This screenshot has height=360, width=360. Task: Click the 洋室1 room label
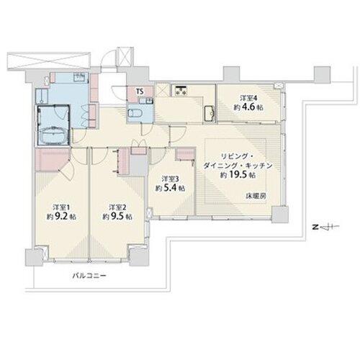[61, 207]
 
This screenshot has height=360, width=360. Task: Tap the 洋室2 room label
[117, 207]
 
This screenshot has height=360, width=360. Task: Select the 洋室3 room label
[170, 179]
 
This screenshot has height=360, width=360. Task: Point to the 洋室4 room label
[248, 98]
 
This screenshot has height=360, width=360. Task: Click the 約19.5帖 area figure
[238, 175]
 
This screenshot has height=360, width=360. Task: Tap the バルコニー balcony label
[89, 276]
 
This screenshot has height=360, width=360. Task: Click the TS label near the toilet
[140, 91]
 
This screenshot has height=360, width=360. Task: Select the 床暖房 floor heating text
[256, 196]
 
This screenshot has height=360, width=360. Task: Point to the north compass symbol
[326, 227]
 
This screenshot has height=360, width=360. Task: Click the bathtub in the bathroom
[55, 135]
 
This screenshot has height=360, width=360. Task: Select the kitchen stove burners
[181, 90]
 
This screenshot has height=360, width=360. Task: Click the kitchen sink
[210, 112]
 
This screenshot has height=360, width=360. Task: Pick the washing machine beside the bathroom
[42, 96]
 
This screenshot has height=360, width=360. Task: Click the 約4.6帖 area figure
[248, 107]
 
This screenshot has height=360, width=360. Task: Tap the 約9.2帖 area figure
[61, 217]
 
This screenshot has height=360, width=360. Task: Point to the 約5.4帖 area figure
[170, 188]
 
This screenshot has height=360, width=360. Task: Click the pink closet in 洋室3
[186, 154]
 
